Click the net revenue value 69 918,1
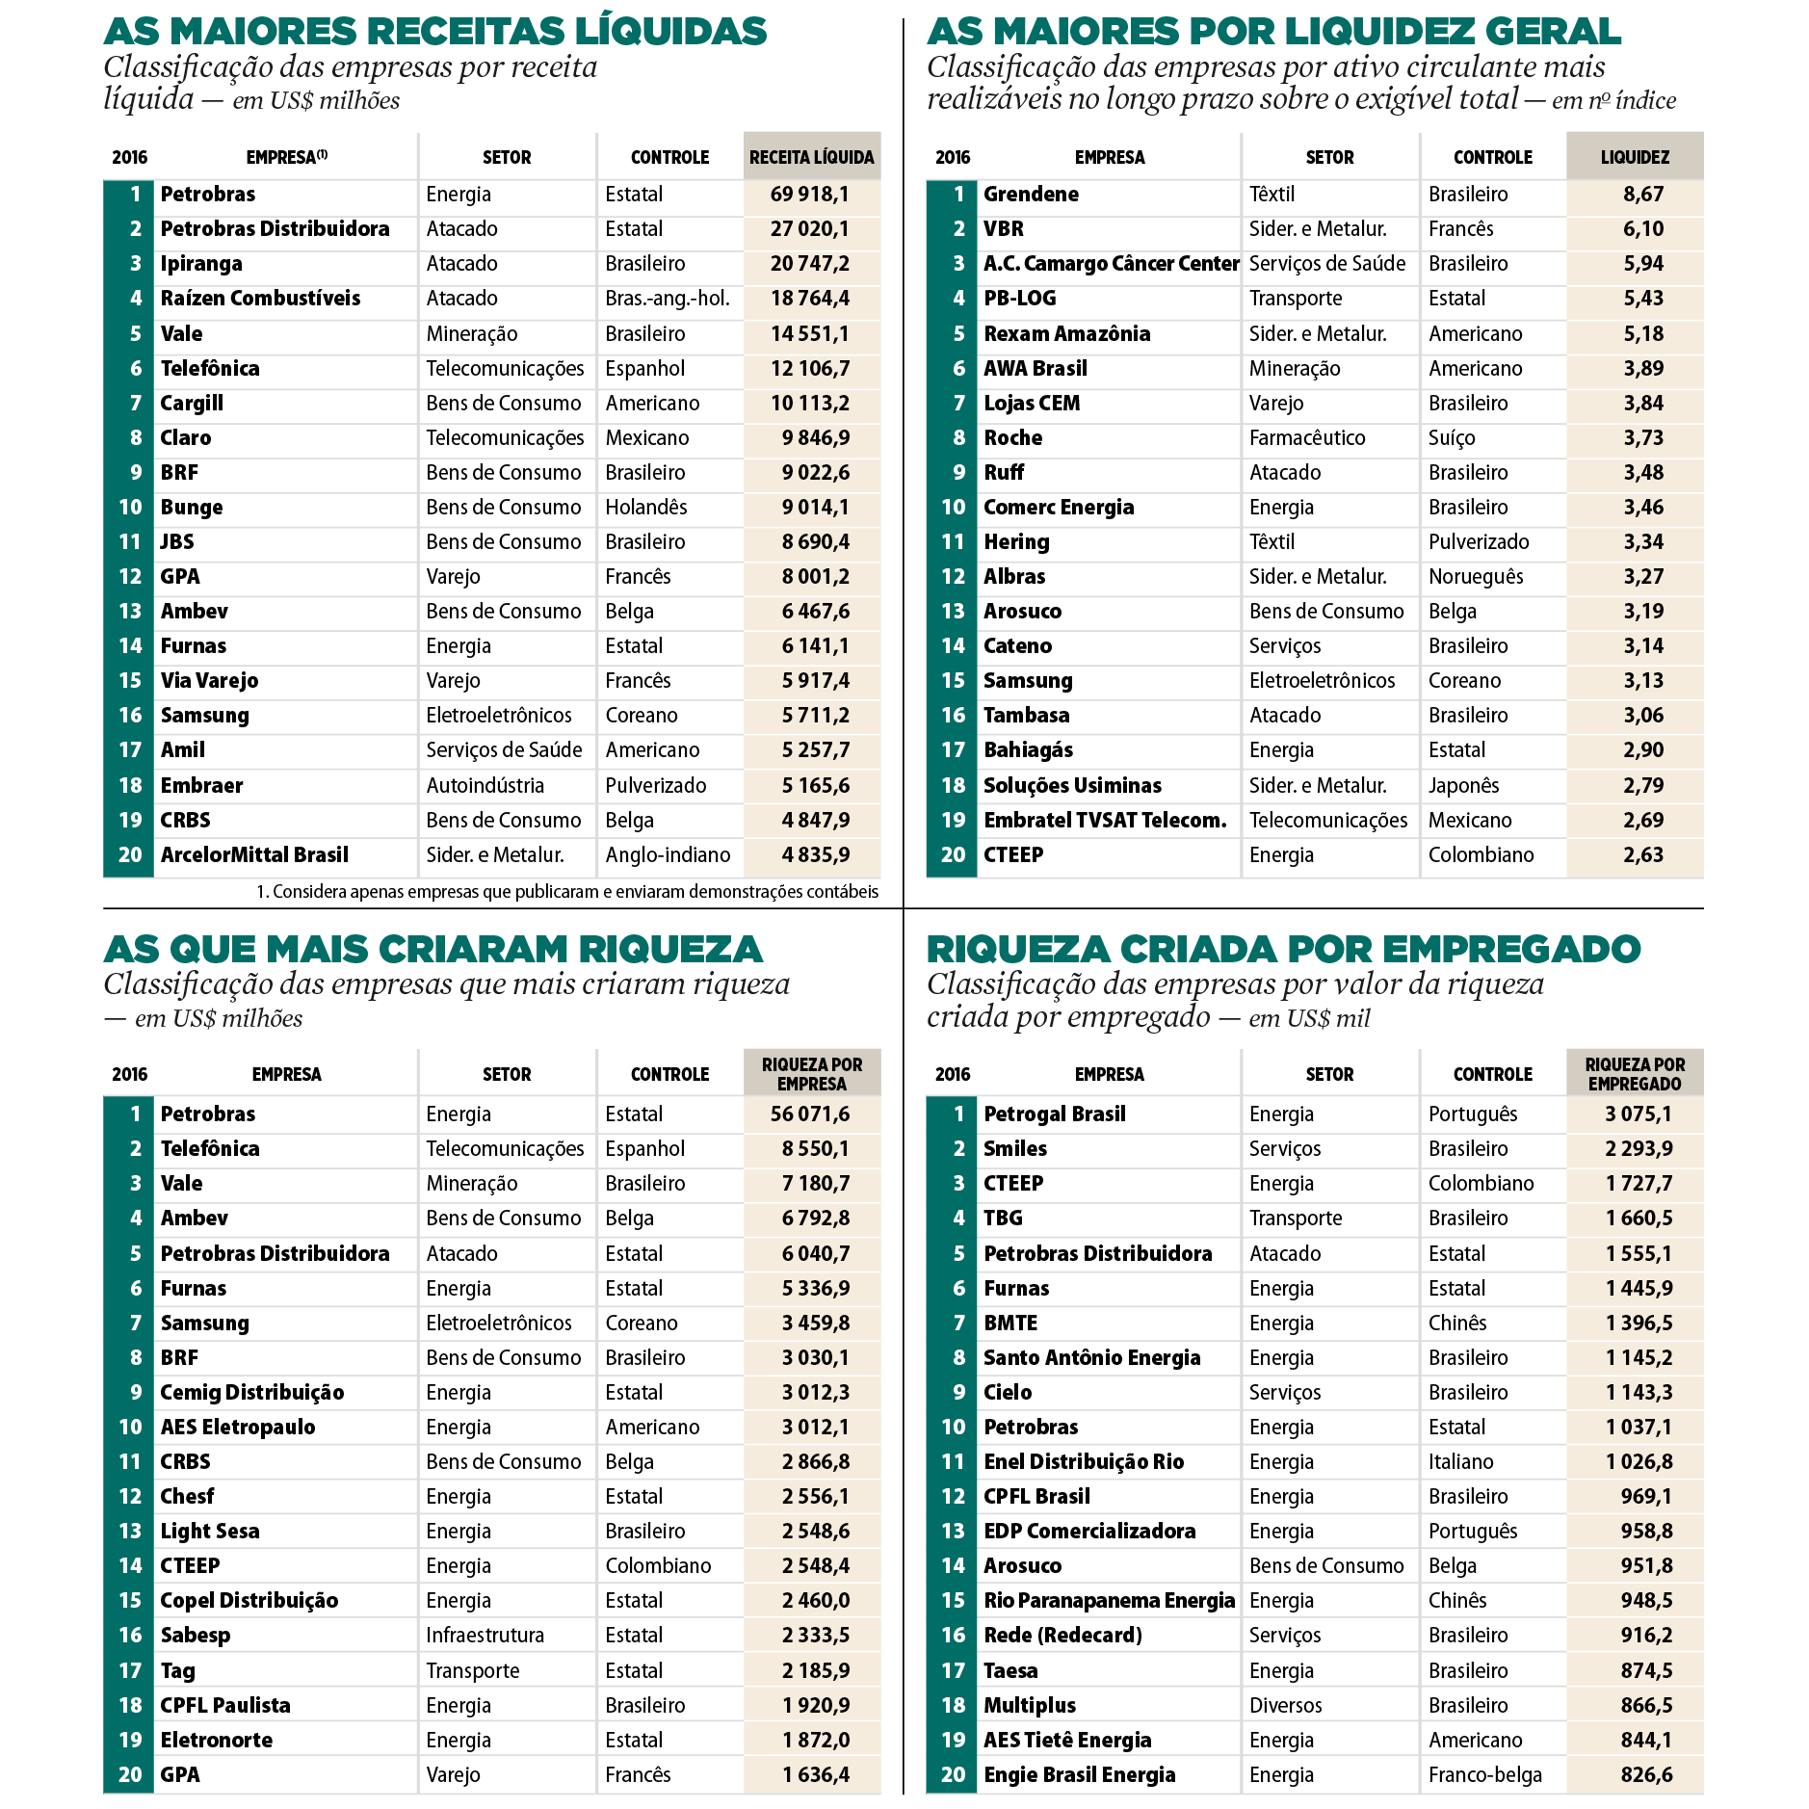click(x=809, y=195)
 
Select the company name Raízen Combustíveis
click(x=260, y=299)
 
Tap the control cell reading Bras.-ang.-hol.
click(x=667, y=299)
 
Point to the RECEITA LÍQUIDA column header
click(x=811, y=157)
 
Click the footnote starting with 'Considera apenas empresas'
click(x=567, y=892)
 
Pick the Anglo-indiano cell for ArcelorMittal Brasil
click(x=667, y=855)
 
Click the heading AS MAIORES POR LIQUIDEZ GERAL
click(x=1273, y=32)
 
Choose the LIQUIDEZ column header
click(x=1635, y=157)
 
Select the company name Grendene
click(x=1031, y=195)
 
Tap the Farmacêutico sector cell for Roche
click(x=1307, y=438)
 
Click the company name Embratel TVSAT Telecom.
click(x=1105, y=821)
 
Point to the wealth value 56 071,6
click(x=809, y=1114)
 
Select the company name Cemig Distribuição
click(x=251, y=1393)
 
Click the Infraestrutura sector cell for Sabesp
click(x=485, y=1636)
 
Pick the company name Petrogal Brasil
click(x=1054, y=1114)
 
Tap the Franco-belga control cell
click(x=1484, y=1775)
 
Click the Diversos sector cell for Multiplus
click(x=1285, y=1706)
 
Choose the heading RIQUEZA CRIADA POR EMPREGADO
click(x=1283, y=950)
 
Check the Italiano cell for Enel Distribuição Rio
click(x=1460, y=1462)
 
